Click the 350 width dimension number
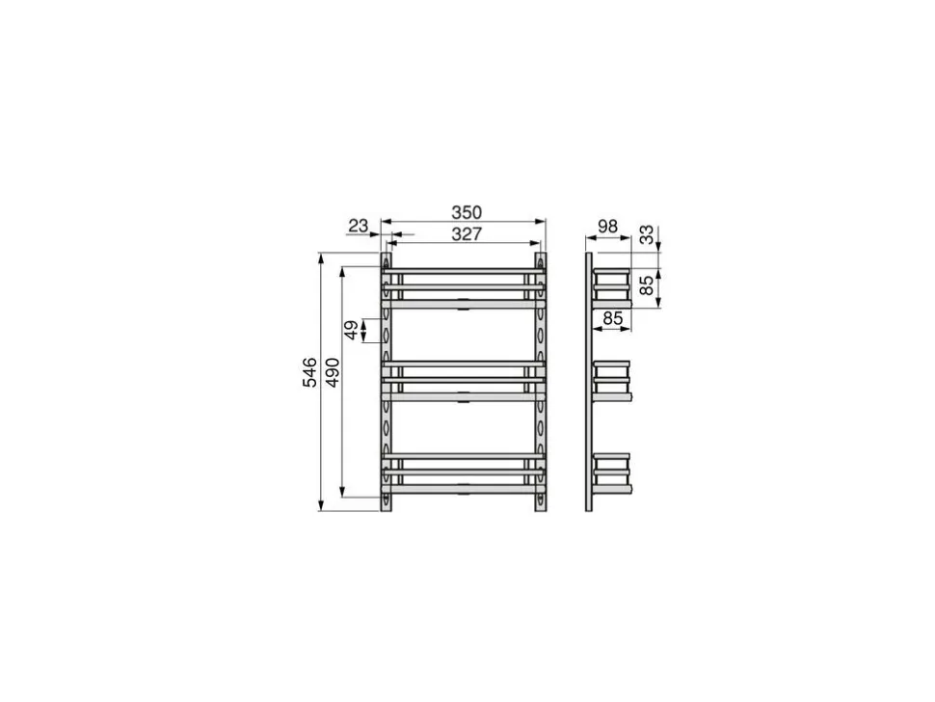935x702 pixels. click(x=467, y=212)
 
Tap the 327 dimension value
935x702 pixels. click(x=467, y=234)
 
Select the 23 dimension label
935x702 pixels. click(x=359, y=226)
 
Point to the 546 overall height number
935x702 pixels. click(x=310, y=373)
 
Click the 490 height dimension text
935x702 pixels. click(x=333, y=373)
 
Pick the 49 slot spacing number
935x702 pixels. click(x=352, y=331)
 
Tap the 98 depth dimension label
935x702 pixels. click(x=607, y=227)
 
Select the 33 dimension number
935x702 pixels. click(x=647, y=235)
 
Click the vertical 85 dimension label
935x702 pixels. click(x=647, y=285)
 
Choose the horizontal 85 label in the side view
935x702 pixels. click(x=612, y=318)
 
